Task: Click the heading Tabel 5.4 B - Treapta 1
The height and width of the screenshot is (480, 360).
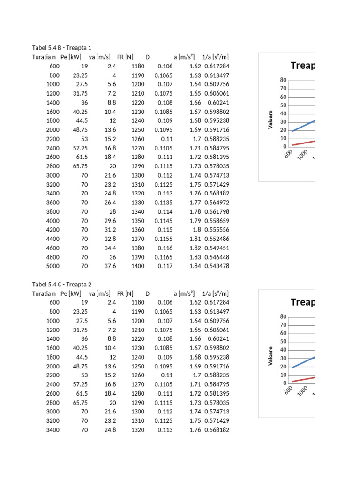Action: click(62, 48)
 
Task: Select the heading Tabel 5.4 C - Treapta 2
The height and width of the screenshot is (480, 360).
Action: click(62, 285)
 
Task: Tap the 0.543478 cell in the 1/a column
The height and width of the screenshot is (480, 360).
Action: click(217, 266)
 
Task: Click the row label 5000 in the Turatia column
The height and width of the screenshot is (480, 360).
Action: click(53, 266)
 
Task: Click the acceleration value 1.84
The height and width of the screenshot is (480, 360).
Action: click(195, 266)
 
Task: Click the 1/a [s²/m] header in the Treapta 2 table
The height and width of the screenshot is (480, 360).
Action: click(215, 293)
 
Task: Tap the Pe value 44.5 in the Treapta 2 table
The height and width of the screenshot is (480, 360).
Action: click(81, 357)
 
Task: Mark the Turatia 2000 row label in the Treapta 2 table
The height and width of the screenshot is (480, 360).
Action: click(53, 366)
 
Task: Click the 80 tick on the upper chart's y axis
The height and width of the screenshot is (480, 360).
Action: click(284, 80)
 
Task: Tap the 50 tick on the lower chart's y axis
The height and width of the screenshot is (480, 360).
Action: click(284, 342)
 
